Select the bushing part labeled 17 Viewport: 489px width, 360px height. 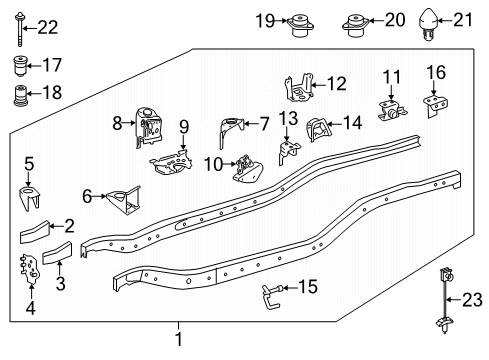[x=20, y=67]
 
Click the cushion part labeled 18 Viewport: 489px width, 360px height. [x=20, y=99]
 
